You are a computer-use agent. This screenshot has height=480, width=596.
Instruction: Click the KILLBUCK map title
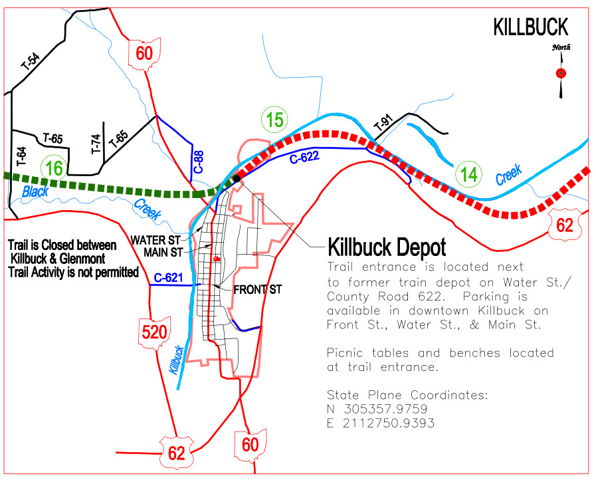(530, 27)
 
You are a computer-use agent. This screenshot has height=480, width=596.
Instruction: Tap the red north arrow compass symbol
(561, 72)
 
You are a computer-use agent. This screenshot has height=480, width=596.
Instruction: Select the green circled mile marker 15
(274, 120)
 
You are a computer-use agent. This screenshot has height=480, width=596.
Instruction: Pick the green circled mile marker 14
(469, 175)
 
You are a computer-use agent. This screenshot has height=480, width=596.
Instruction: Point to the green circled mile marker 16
(54, 168)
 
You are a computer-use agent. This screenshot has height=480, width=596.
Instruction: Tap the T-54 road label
(31, 62)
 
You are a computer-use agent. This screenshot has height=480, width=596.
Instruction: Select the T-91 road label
(383, 124)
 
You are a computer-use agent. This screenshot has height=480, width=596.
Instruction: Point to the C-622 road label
(304, 158)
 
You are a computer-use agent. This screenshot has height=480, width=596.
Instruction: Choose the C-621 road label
(168, 277)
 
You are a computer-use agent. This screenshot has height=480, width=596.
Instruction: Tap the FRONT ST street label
(258, 289)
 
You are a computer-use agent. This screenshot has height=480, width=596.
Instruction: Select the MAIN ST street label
(162, 252)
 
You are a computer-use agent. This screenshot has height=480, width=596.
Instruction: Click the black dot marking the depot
(236, 178)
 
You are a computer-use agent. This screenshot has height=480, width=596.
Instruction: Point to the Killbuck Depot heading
(387, 247)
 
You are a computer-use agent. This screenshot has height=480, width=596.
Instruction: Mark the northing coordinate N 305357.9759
(377, 409)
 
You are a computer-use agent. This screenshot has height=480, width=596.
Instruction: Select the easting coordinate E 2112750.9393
(381, 423)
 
